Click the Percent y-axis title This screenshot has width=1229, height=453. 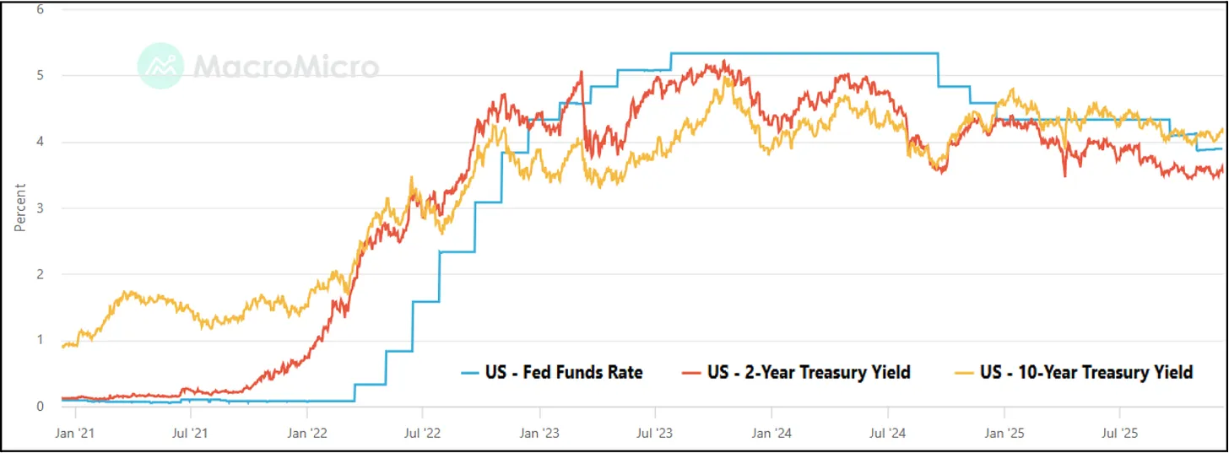click(19, 208)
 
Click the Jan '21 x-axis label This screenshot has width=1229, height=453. click(76, 434)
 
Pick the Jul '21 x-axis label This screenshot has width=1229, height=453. click(191, 434)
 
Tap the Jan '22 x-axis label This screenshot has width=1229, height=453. click(307, 434)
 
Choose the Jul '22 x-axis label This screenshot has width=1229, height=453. click(422, 434)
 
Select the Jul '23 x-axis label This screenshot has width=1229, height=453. click(654, 434)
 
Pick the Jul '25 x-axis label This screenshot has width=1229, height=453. click(1119, 434)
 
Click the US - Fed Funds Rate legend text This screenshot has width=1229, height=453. click(563, 372)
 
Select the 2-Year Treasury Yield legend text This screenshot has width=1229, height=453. click(809, 372)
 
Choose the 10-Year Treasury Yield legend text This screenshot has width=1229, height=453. click(1086, 372)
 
